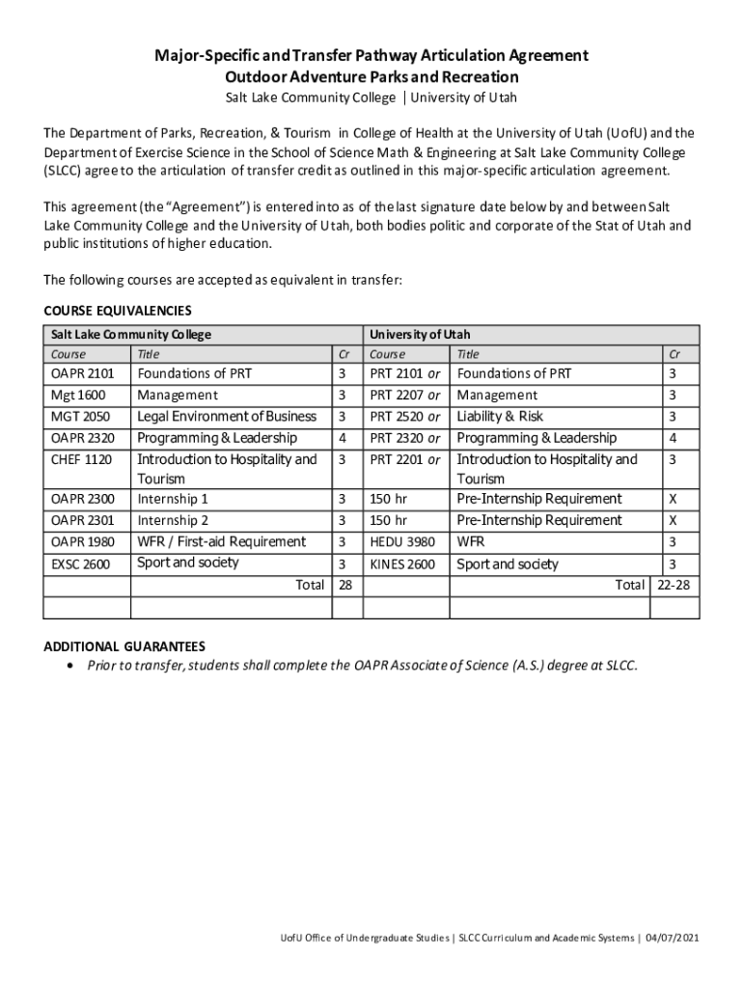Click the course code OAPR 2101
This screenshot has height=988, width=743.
pos(82,373)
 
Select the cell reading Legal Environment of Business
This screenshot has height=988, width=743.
pos(227,417)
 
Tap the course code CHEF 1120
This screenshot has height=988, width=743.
pos(82,460)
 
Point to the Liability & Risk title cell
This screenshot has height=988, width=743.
pos(500,417)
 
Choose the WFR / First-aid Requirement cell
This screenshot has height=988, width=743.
pos(222,542)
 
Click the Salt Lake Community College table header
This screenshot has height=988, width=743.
pos(131,334)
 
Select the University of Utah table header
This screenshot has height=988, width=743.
pos(420,334)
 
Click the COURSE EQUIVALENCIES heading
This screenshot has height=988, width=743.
pos(118,311)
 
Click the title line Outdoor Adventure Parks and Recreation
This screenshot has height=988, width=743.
pos(371,77)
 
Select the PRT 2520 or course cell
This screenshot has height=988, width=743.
pos(405,417)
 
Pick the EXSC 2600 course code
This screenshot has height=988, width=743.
pos(80,564)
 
